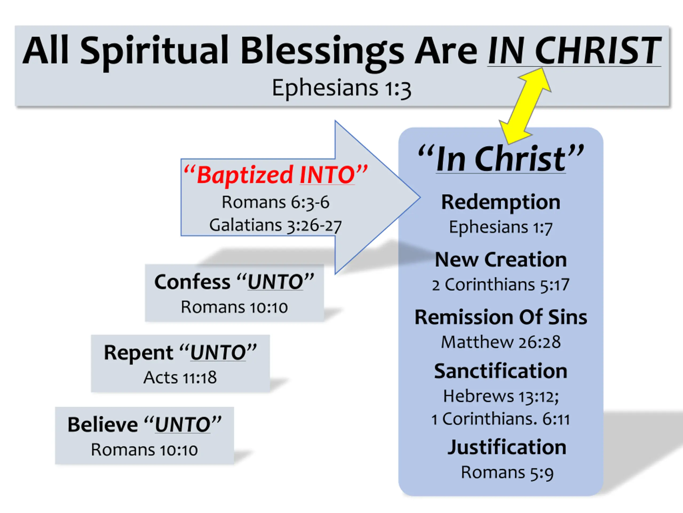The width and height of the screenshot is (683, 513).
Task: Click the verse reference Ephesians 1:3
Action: pyautogui.click(x=341, y=88)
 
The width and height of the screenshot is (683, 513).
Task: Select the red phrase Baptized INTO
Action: pyautogui.click(x=275, y=175)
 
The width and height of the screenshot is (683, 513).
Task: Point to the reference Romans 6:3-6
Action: pyautogui.click(x=275, y=203)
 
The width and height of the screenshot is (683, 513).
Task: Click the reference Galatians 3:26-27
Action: pyautogui.click(x=275, y=225)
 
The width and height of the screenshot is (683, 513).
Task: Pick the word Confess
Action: pyautogui.click(x=192, y=282)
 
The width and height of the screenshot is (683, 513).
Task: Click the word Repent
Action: pyautogui.click(x=138, y=352)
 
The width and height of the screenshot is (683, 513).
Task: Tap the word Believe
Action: pyautogui.click(x=102, y=425)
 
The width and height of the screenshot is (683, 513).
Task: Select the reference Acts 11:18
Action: pyautogui.click(x=180, y=378)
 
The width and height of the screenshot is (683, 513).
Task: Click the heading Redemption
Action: pyautogui.click(x=501, y=202)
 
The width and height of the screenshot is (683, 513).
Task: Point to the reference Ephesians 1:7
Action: pyautogui.click(x=501, y=228)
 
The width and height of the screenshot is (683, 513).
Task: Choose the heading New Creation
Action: pyautogui.click(x=501, y=259)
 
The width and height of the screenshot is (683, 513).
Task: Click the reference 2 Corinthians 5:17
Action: pyautogui.click(x=501, y=285)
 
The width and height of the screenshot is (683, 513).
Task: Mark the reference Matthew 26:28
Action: pyautogui.click(x=501, y=342)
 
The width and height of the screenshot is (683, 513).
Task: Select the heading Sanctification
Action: pyautogui.click(x=501, y=371)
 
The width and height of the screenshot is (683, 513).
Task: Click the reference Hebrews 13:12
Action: pyautogui.click(x=501, y=397)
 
